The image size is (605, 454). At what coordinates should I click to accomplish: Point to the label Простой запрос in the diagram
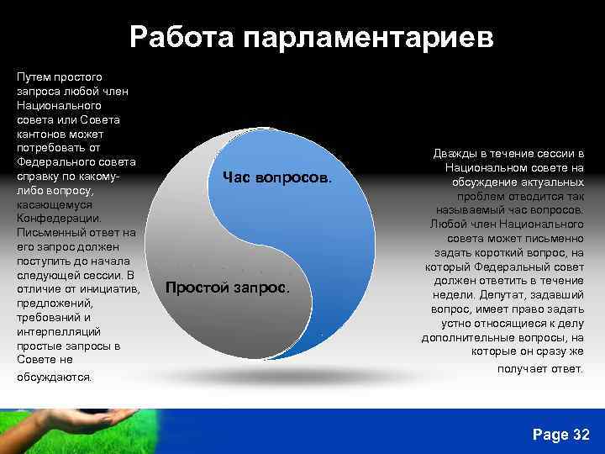tap(228, 288)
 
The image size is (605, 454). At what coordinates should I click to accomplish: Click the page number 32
tap(581, 434)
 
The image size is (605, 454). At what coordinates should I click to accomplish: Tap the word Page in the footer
tap(550, 434)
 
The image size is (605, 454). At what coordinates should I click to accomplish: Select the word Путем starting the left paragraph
tap(34, 77)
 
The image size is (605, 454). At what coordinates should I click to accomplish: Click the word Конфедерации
tap(58, 219)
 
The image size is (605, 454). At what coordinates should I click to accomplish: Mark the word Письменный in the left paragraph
tap(51, 233)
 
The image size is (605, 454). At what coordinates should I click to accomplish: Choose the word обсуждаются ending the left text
tap(54, 377)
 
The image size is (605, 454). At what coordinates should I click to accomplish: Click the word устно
tap(451, 324)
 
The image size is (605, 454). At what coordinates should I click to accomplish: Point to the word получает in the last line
tap(520, 368)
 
